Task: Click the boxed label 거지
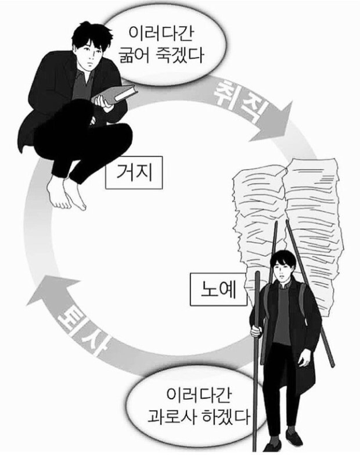134,173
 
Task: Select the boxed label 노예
218,289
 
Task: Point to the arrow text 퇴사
84,328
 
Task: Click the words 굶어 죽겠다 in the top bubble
162,55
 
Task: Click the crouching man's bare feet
67,192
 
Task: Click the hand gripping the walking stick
256,331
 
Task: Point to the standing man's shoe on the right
294,438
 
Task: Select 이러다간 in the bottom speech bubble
199,395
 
